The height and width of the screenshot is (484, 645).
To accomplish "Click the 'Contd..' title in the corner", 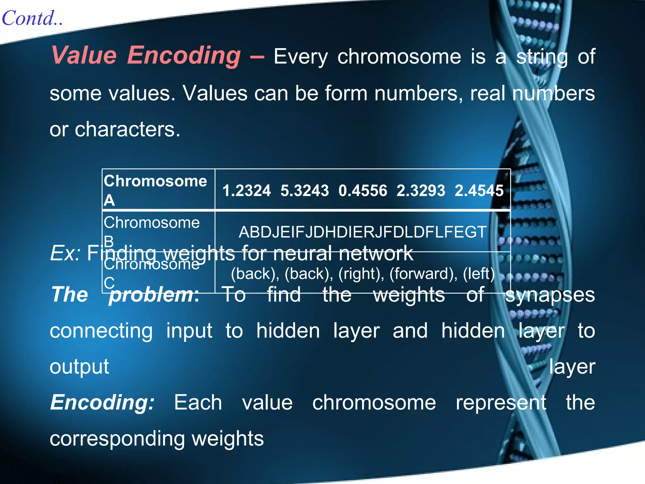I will coord(32,18).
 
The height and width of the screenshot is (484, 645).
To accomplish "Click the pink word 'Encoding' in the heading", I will coord(184,55).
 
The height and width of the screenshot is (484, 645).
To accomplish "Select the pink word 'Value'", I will coord(84,55).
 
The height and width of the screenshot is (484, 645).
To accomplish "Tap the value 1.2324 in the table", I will coord(246,191).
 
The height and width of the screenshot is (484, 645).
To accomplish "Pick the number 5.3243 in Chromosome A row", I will coord(305,191).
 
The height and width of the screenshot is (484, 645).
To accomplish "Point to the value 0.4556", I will coord(362,191).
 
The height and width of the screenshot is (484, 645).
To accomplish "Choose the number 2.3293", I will coord(421,191).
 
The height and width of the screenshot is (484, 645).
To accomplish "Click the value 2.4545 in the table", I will coord(479,191).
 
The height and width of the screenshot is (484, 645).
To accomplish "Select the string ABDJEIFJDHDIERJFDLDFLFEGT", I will coord(362,232).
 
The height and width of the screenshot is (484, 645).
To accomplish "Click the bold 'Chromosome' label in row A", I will coord(155,181).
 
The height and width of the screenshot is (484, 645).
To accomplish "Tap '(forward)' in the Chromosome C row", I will coord(423,274).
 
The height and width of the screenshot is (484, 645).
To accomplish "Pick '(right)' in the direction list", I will coord(361,274).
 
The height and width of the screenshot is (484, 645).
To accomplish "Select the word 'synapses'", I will coord(550,295).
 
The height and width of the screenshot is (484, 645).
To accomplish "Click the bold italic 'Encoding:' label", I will coord(102,403).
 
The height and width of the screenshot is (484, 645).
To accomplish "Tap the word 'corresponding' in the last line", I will coord(117,439).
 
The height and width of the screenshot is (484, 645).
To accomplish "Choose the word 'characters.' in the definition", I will coord(128,130).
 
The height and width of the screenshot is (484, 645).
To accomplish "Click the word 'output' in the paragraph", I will coord(79,367).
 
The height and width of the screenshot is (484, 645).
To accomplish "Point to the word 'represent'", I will coord(501,403).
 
